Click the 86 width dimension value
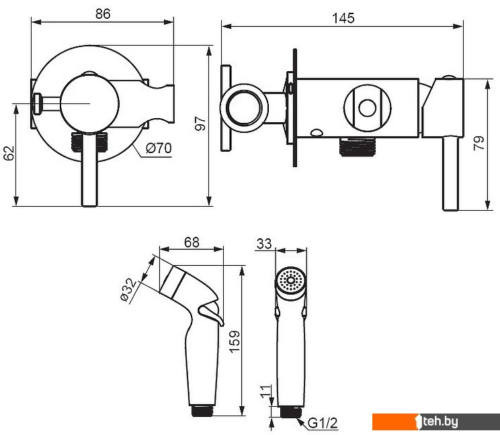(103, 14)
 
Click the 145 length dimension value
(343, 19)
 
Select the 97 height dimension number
(200, 124)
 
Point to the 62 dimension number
(9, 153)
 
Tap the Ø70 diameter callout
(159, 148)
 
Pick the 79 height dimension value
(478, 143)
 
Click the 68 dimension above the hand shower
(192, 242)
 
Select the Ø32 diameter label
(128, 289)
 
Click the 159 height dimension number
(235, 342)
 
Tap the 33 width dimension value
(264, 244)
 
